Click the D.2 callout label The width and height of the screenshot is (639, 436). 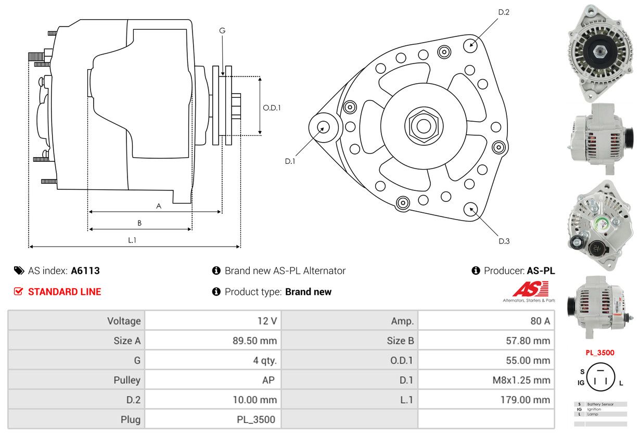tap(503, 12)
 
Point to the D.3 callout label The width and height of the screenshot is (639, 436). tap(504, 241)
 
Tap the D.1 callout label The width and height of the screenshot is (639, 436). tap(290, 161)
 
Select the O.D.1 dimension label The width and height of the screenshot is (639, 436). tap(272, 108)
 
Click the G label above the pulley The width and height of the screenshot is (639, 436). tap(222, 31)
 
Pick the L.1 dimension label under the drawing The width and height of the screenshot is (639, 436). tap(132, 240)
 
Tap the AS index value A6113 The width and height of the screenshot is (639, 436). tap(85, 271)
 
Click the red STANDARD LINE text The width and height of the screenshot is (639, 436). tap(65, 292)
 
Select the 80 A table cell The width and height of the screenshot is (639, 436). tap(540, 321)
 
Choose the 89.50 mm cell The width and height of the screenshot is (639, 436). tap(254, 341)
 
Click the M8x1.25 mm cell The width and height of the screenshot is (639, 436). tap(521, 380)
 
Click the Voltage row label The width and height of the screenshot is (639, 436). tap(124, 321)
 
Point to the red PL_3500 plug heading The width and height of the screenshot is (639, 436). tap(599, 353)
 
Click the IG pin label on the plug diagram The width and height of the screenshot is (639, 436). tap(581, 383)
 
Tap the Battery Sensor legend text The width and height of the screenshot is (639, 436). tap(600, 404)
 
